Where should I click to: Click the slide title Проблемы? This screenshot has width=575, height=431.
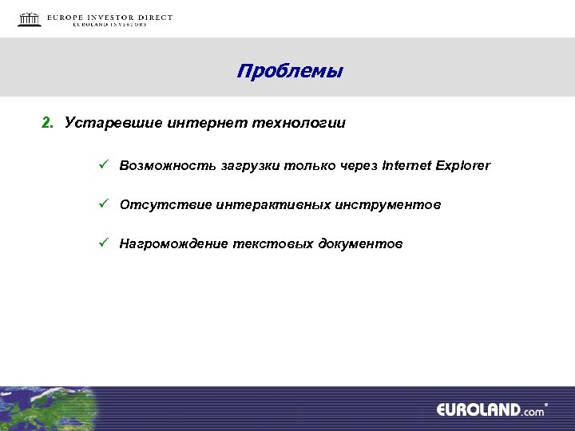pos(289,72)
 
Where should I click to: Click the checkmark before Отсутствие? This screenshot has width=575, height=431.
pos(103,205)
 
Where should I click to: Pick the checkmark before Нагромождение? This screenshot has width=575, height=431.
pos(103,243)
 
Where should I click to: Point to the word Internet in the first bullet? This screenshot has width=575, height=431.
pos(407,166)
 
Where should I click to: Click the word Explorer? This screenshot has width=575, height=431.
pos(464,166)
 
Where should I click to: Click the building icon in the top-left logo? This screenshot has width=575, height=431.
pos(30,19)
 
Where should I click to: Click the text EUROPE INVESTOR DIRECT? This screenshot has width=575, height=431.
pos(109,17)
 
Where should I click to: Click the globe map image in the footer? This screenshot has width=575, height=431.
pos(48,409)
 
